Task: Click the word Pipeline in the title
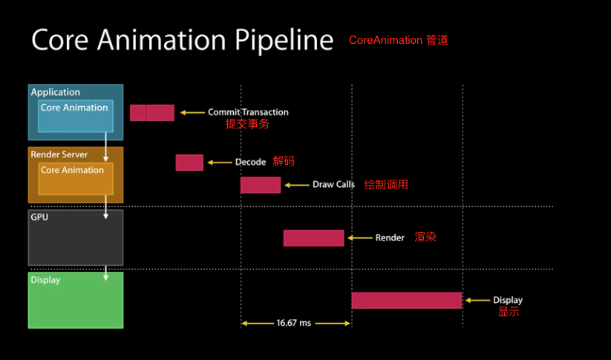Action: (284, 41)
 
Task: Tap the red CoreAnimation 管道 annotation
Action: (398, 40)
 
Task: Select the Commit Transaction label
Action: (248, 112)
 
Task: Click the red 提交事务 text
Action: (247, 124)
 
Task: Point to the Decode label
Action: (250, 162)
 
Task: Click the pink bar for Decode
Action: (189, 163)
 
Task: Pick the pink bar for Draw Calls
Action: (261, 185)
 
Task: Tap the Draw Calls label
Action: (333, 185)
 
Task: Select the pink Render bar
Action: (314, 238)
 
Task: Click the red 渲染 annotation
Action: (425, 237)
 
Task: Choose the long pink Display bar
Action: (407, 301)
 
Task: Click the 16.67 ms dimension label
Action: (294, 323)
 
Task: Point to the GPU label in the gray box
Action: (39, 217)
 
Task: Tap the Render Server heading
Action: (59, 154)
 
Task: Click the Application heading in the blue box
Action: (56, 92)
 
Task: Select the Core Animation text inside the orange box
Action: (73, 170)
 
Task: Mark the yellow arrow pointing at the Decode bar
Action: (220, 163)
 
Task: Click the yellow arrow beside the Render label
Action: (359, 238)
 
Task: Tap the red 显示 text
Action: (509, 312)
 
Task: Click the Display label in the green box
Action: (45, 280)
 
